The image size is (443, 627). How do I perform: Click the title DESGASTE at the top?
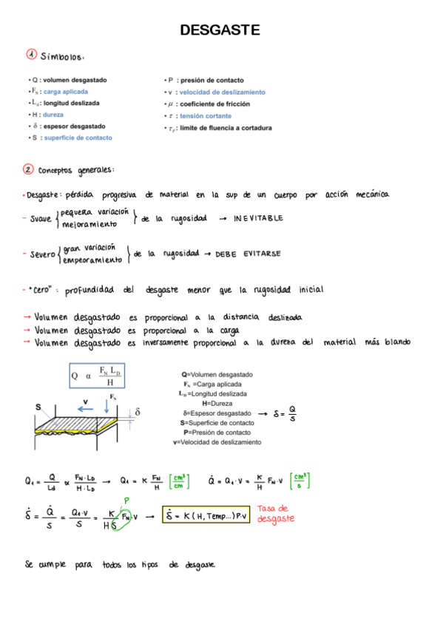(220, 30)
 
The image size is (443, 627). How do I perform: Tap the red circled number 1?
(31, 55)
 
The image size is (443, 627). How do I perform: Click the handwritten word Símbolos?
(67, 56)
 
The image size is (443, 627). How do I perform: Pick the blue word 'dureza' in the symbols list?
(53, 115)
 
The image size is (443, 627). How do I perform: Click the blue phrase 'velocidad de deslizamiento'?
(222, 92)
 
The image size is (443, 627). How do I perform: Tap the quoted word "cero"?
(41, 290)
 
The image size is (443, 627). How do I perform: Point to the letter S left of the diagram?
(38, 406)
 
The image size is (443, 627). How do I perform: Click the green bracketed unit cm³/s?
(300, 481)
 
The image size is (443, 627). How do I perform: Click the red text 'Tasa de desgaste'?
(277, 513)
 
